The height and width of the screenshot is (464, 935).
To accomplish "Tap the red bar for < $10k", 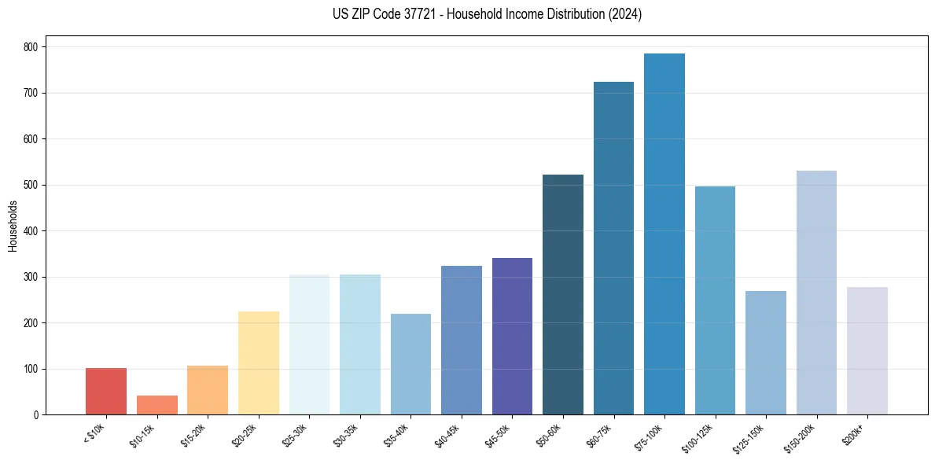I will [106, 392].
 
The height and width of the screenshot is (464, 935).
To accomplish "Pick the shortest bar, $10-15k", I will [157, 405].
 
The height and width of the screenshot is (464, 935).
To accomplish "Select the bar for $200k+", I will [867, 351].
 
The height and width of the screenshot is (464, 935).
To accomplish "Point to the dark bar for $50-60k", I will [563, 295].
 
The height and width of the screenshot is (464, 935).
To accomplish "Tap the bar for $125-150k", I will [766, 353].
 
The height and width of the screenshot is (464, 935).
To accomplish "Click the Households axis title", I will [13, 226].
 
